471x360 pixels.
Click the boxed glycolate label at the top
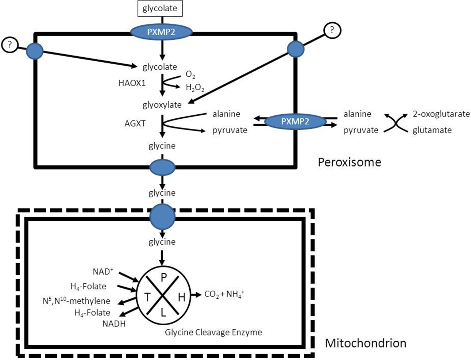pos(160,8)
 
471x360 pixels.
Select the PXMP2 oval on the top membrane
pos(161,32)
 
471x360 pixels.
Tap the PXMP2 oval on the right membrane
pos(295,122)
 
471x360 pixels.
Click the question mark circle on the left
pos(10,45)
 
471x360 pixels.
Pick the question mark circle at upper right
pos(332,30)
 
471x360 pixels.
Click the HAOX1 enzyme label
pos(132,83)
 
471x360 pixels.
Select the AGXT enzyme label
pos(135,123)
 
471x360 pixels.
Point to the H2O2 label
pos(195,88)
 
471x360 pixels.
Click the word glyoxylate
pos(162,105)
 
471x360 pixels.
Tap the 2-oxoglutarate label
pos(441,114)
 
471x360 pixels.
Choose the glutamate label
pos(432,130)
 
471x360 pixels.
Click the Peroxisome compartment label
pos(349,162)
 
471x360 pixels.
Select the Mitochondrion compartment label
pos(365,343)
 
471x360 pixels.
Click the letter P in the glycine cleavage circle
pos(164,278)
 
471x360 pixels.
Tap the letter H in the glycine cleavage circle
pos(181,297)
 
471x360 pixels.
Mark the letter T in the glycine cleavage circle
pos(147,297)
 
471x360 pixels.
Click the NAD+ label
pos(103,272)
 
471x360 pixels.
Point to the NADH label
pos(114,324)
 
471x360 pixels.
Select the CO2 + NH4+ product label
pos(224,294)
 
